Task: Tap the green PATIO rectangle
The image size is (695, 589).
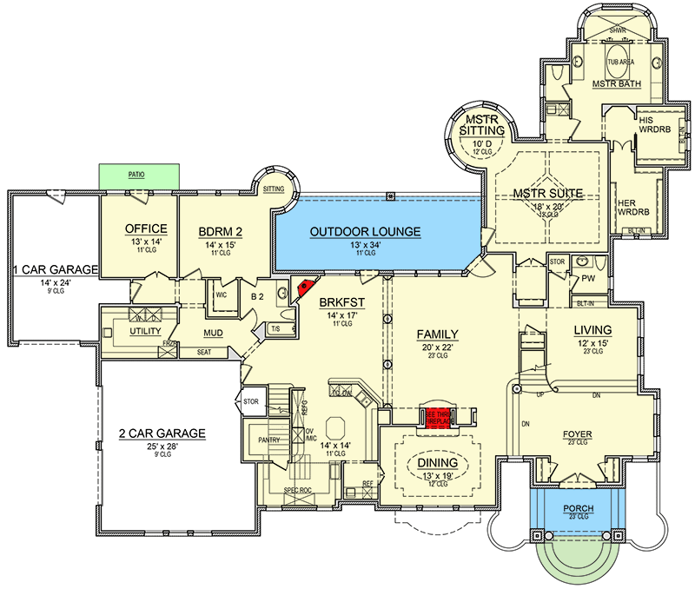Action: pos(137,175)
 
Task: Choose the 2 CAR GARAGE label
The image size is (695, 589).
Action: pos(163,433)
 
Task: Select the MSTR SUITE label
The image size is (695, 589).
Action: pos(546,193)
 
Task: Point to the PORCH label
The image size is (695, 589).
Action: pos(578,508)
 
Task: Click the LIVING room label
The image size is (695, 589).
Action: pos(593,330)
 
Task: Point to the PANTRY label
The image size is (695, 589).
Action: pos(272,440)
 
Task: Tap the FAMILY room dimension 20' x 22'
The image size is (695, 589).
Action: pos(438,347)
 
